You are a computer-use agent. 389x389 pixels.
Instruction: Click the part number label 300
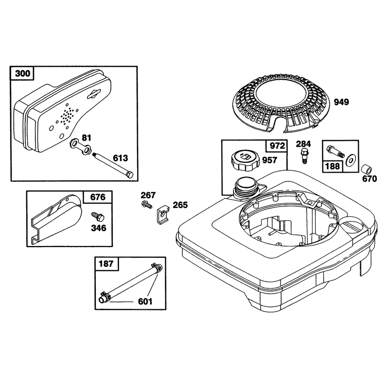pyautogui.click(x=22, y=73)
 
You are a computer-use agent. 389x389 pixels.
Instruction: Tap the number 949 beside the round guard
pyautogui.click(x=341, y=102)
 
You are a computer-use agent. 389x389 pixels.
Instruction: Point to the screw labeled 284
pyautogui.click(x=304, y=155)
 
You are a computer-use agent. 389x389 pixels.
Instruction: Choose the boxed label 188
pyautogui.click(x=333, y=166)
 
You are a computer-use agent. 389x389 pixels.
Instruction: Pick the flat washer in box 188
pyautogui.click(x=351, y=160)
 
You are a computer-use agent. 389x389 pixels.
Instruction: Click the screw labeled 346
pyautogui.click(x=98, y=217)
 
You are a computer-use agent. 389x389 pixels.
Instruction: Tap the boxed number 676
pyautogui.click(x=98, y=197)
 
